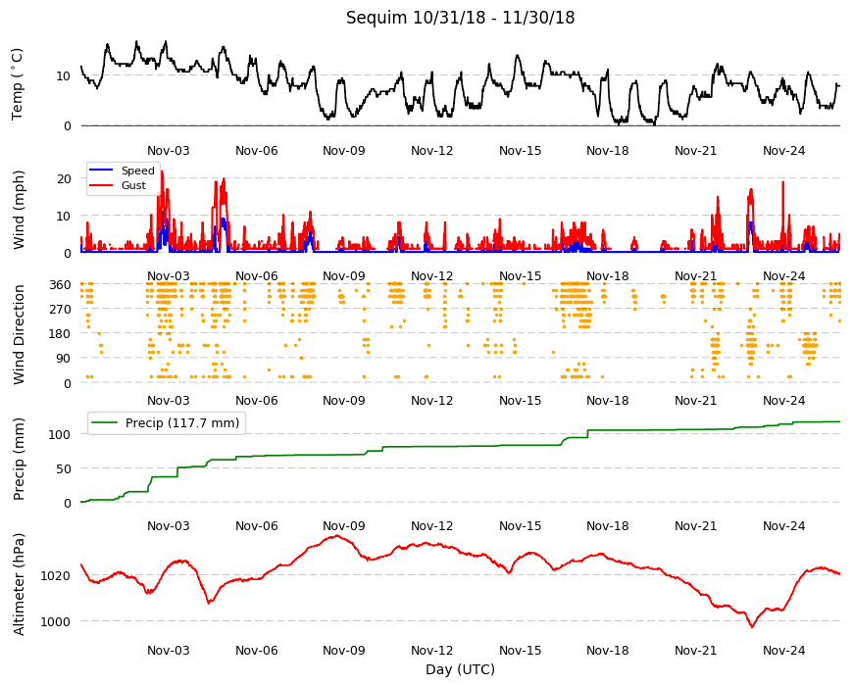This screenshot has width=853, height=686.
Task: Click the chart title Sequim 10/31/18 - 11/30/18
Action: [460, 18]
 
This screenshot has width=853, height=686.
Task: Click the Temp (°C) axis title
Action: [18, 84]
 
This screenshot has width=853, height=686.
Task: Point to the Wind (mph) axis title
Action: [19, 211]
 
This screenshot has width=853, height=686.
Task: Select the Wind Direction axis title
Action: [19, 335]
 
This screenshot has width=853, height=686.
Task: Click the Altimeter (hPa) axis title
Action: [19, 584]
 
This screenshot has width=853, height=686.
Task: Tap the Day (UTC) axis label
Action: [460, 669]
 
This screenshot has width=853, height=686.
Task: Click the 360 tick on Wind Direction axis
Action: [61, 285]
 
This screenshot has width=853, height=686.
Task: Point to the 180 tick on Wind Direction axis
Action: [61, 334]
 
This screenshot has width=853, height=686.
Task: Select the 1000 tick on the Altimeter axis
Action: [56, 621]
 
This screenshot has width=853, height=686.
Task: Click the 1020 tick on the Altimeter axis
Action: [56, 575]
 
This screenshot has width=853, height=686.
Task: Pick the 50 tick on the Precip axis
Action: [64, 468]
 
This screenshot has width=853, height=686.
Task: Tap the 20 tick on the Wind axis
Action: [64, 178]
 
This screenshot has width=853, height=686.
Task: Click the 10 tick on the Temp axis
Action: [64, 76]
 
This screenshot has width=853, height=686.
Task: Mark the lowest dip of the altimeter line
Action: [752, 627]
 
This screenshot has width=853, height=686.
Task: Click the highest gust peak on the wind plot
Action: [162, 171]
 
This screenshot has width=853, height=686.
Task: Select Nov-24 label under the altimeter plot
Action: [783, 650]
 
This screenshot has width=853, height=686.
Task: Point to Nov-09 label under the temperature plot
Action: [343, 151]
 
